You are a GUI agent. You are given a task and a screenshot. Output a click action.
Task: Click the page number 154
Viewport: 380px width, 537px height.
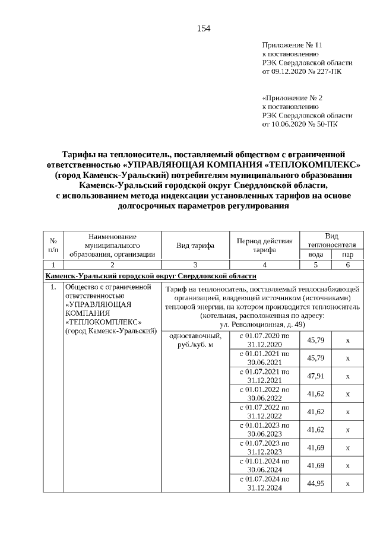(x=204, y=28)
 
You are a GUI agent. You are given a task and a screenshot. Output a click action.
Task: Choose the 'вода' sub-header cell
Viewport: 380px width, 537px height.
(x=315, y=254)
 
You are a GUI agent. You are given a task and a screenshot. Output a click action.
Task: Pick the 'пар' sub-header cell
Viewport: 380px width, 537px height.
(x=347, y=254)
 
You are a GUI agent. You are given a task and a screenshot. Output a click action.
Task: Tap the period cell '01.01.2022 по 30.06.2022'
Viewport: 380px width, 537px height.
(x=264, y=394)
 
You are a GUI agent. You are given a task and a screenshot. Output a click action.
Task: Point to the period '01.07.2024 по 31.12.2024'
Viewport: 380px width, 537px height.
(x=264, y=484)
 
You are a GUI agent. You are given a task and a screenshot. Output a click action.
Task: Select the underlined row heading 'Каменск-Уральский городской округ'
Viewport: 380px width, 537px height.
(x=151, y=276)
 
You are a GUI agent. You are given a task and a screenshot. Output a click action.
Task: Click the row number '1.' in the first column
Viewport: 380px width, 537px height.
(x=53, y=288)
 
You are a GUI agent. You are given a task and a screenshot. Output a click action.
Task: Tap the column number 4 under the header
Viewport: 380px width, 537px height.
(x=264, y=265)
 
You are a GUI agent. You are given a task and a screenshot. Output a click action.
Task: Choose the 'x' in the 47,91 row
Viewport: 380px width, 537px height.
(x=347, y=376)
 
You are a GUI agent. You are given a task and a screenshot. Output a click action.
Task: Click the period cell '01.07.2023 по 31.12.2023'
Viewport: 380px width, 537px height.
(x=264, y=447)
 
